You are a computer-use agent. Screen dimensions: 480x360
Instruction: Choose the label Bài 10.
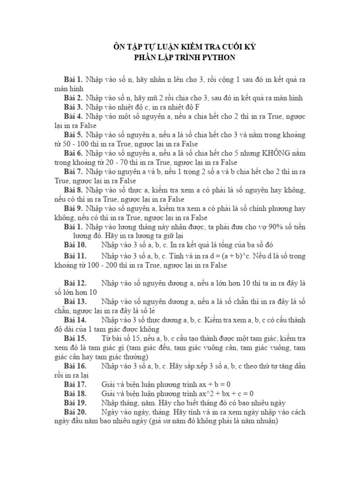pos(75,245)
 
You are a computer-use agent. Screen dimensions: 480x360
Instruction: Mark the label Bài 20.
pos(75,412)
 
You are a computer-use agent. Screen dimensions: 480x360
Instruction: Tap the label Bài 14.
pos(75,320)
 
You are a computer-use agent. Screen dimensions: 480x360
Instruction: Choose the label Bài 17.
pos(75,384)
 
